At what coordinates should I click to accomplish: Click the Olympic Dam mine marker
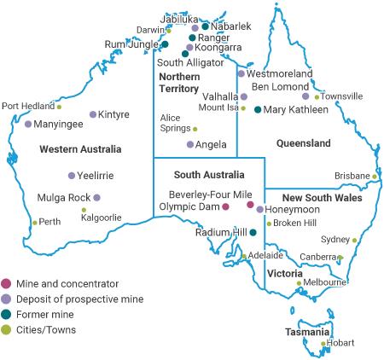[225, 206]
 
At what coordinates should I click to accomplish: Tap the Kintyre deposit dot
[93, 114]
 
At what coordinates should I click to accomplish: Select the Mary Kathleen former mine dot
[258, 109]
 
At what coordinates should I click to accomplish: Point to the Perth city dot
[34, 223]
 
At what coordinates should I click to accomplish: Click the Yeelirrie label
[96, 176]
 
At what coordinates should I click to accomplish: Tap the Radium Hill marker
[253, 232]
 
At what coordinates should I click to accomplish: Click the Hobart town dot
[323, 344]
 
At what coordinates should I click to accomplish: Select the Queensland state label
[303, 142]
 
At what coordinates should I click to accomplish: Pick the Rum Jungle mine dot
[166, 44]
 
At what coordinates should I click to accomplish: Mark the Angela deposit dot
[189, 145]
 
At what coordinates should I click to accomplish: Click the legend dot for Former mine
[7, 314]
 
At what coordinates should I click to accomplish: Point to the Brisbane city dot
[375, 177]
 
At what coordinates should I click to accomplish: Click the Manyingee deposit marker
[28, 125]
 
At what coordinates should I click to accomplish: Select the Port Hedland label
[27, 107]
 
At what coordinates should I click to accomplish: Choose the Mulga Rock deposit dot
[97, 198]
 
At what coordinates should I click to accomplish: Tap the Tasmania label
[309, 331]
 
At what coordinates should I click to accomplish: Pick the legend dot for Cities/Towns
[7, 329]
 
